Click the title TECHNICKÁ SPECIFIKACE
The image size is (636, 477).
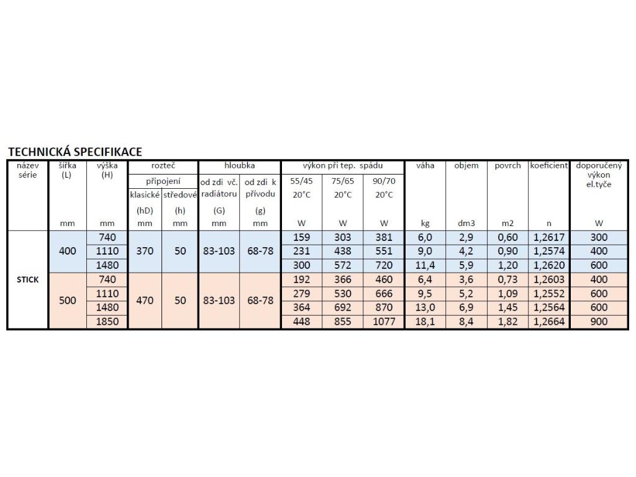point(75,152)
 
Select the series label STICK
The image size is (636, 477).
point(27,279)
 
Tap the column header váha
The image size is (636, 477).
point(425,166)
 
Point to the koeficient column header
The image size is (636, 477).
point(549,166)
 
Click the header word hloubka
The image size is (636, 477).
point(239,166)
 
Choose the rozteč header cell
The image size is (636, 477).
point(163,166)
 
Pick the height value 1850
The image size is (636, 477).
point(107,322)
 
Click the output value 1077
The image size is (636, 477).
point(384,322)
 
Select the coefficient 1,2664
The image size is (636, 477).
point(549,322)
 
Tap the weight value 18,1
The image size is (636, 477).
point(425,322)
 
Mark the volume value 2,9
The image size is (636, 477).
point(466,237)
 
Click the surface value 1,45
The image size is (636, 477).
point(507,308)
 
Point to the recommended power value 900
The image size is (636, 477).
point(599,322)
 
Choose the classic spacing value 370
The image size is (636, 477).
point(145,252)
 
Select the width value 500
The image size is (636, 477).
point(67,301)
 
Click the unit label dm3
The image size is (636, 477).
point(466,223)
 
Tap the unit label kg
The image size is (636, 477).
point(425,223)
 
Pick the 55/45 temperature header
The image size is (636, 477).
point(301,181)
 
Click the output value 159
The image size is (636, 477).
point(301,237)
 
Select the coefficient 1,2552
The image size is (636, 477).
point(549,294)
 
